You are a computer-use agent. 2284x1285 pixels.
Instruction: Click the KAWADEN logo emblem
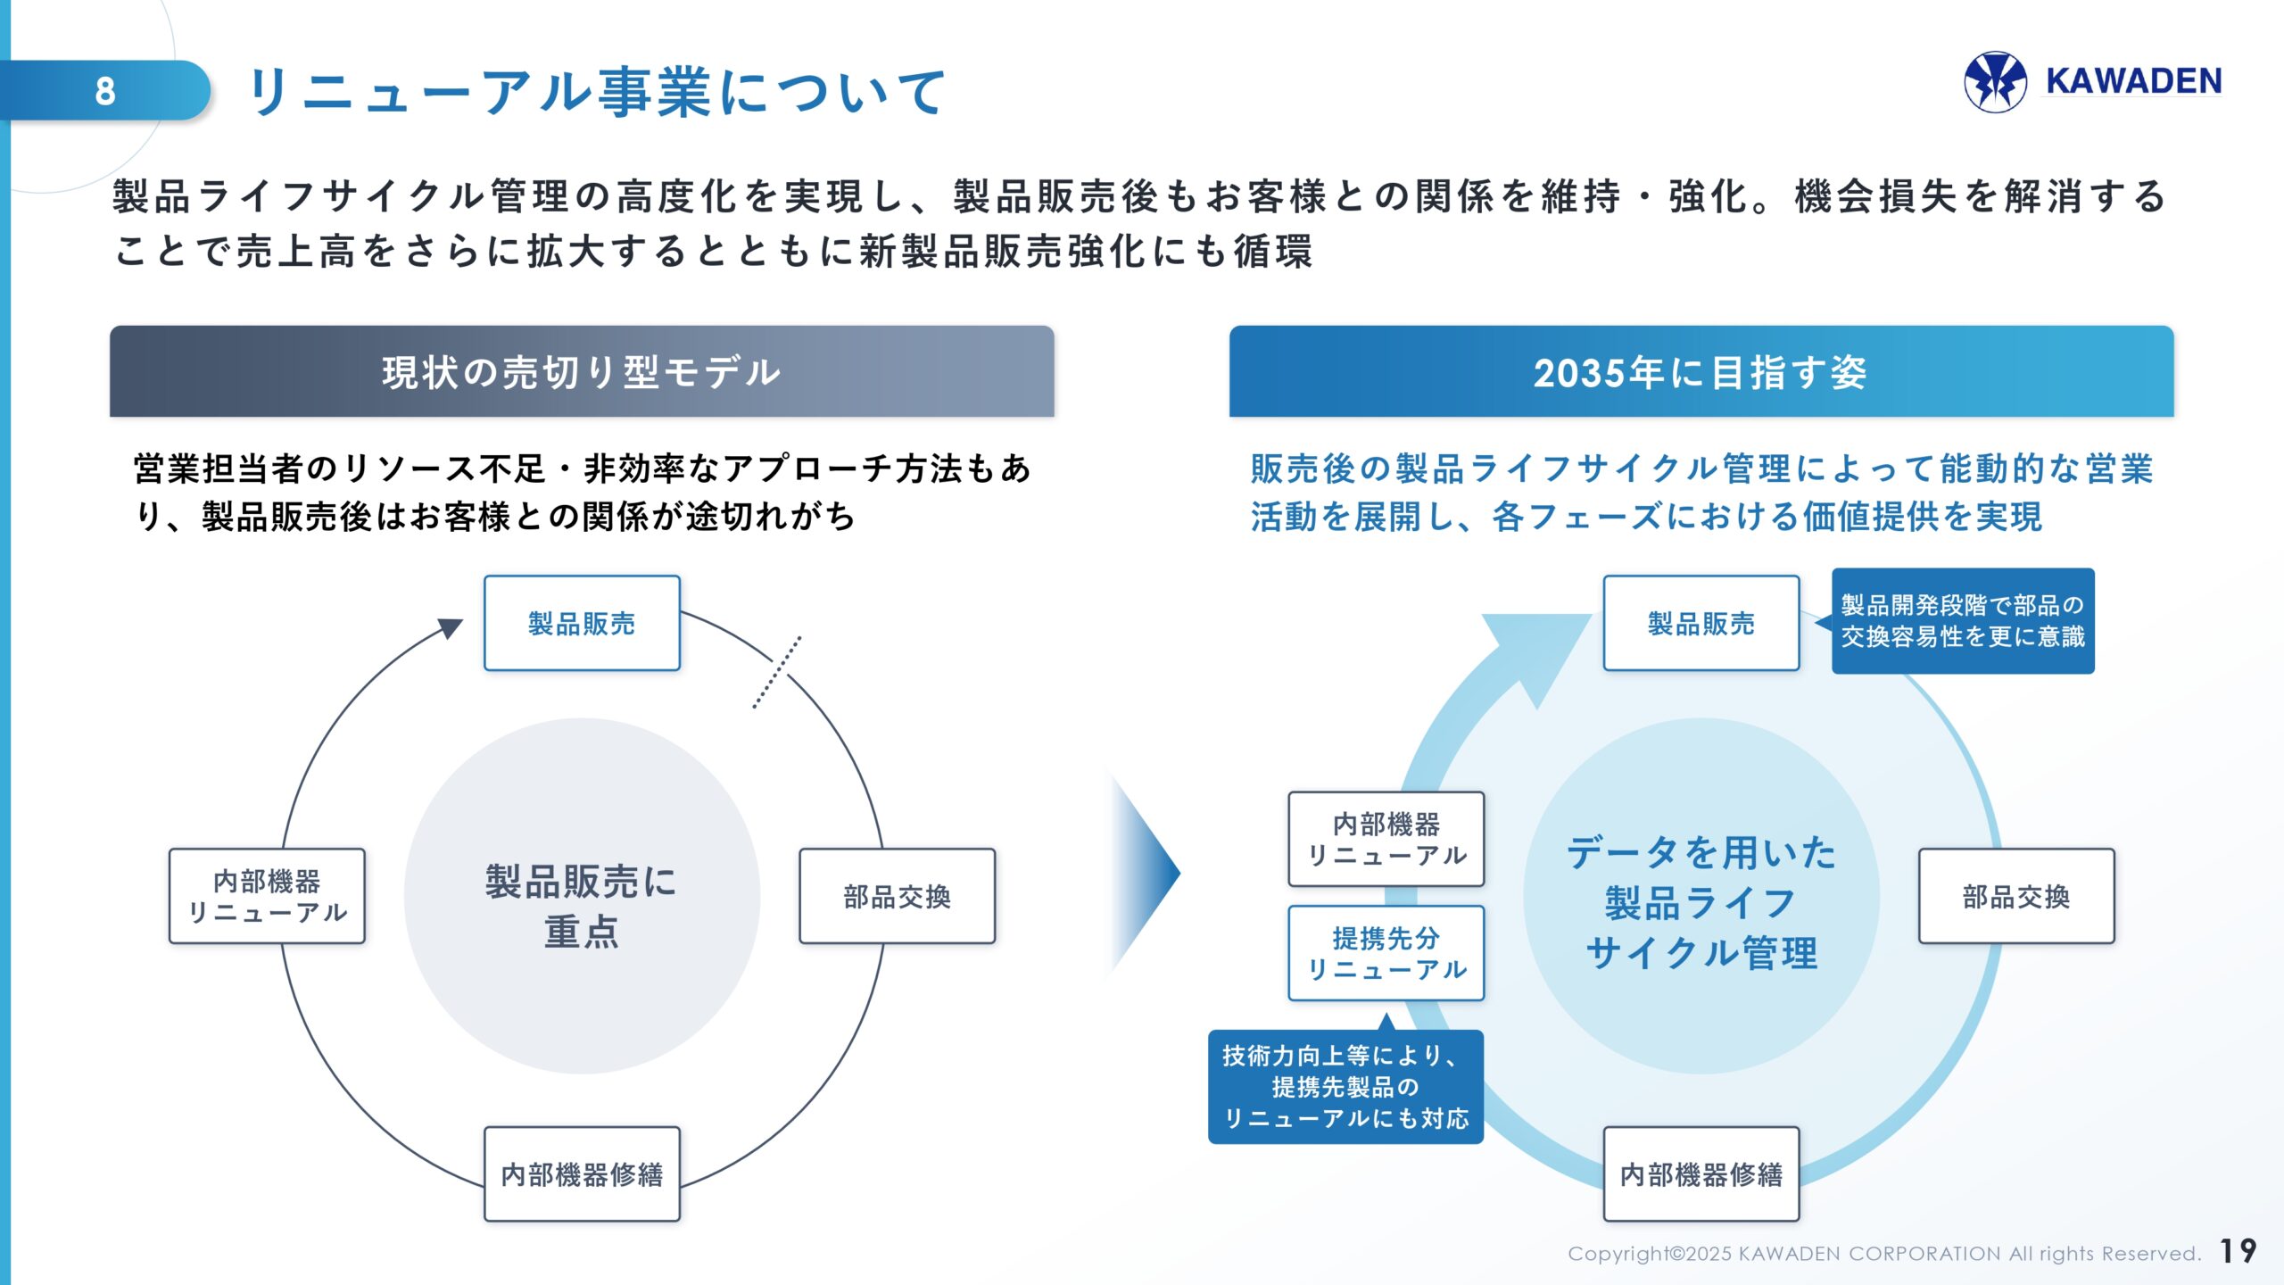pyautogui.click(x=1995, y=81)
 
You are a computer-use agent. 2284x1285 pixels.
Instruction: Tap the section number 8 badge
pyautogui.click(x=105, y=90)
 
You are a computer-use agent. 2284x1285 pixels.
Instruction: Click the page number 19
pyautogui.click(x=2238, y=1250)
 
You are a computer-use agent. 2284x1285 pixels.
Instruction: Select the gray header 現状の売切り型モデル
pyautogui.click(x=582, y=371)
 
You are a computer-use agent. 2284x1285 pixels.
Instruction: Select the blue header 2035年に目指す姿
pyautogui.click(x=1701, y=371)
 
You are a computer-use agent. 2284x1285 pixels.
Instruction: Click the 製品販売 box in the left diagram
pyautogui.click(x=582, y=623)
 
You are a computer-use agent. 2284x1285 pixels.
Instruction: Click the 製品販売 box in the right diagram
pyautogui.click(x=1701, y=623)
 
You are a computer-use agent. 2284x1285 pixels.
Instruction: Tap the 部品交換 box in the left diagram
pyautogui.click(x=897, y=896)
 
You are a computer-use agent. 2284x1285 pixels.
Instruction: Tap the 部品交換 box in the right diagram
pyautogui.click(x=2015, y=896)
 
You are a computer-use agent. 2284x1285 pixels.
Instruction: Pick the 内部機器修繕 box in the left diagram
pyautogui.click(x=582, y=1173)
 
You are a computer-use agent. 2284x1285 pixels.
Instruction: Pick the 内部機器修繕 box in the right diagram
pyautogui.click(x=1701, y=1173)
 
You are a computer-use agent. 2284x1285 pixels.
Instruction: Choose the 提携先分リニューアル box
pyautogui.click(x=1386, y=953)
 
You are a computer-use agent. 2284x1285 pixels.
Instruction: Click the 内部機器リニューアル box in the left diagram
pyautogui.click(x=267, y=896)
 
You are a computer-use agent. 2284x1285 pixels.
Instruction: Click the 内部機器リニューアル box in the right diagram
pyautogui.click(x=1386, y=839)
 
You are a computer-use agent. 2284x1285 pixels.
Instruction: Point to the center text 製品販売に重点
pyautogui.click(x=582, y=905)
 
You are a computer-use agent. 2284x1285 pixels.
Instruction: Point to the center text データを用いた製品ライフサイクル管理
pyautogui.click(x=1701, y=901)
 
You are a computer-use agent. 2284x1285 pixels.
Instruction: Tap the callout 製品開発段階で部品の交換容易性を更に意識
pyautogui.click(x=1962, y=621)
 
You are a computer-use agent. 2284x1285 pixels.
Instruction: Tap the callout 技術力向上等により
pyautogui.click(x=1345, y=1086)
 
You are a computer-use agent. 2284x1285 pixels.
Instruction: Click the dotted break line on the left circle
pyautogui.click(x=776, y=673)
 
